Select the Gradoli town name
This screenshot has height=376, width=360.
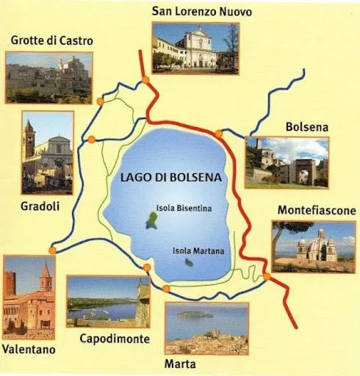tap(40, 206)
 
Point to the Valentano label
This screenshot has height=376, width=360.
tap(29, 350)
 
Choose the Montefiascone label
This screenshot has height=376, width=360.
tap(316, 210)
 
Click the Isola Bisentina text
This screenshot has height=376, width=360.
tap(184, 209)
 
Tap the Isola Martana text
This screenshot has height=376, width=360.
tap(198, 250)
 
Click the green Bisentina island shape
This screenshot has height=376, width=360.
tap(151, 220)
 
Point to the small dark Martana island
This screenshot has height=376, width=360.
tap(189, 262)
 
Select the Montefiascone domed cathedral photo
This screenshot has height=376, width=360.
tap(314, 246)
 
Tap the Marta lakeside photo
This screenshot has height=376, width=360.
tap(206, 328)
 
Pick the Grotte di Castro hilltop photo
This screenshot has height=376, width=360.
tap(48, 77)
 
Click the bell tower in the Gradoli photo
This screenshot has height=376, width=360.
tap(29, 140)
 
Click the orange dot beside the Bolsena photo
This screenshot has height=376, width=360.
tap(218, 133)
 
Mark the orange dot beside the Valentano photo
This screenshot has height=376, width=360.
tap(52, 250)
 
